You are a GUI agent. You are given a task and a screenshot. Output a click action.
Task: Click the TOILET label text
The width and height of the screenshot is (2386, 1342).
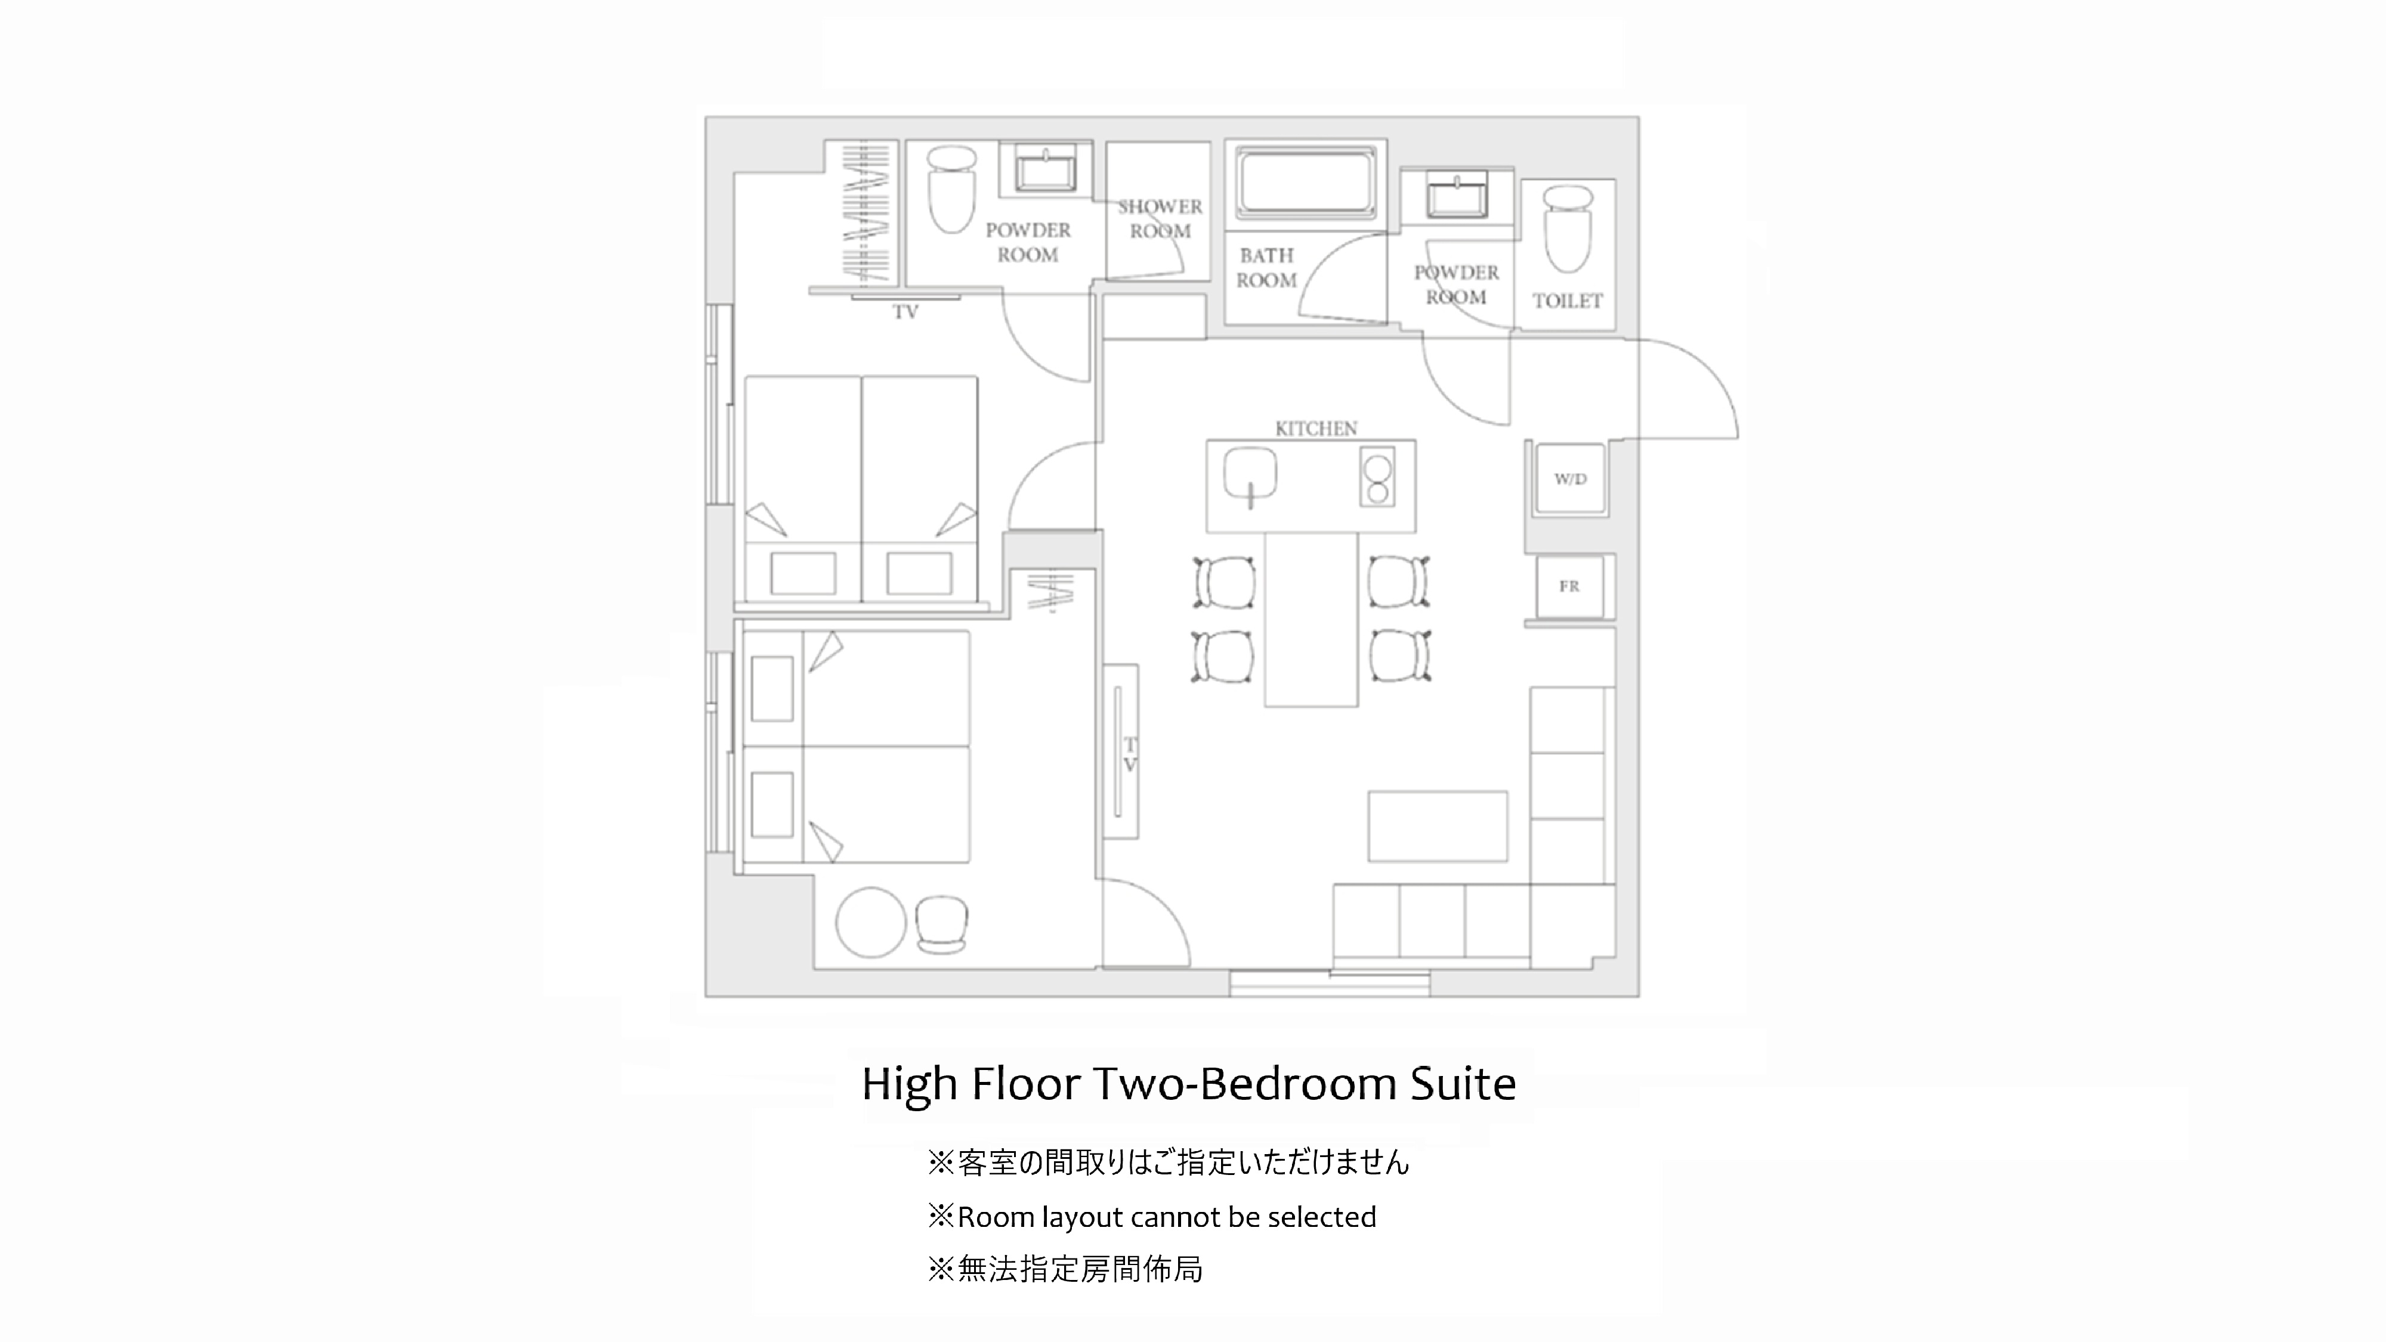(1567, 301)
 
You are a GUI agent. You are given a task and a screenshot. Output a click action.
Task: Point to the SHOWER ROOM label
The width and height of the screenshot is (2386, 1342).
(1160, 218)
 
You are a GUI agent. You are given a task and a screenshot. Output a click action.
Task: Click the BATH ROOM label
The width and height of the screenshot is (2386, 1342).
(1266, 268)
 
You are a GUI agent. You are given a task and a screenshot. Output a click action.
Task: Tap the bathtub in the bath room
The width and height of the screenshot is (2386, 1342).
(1306, 184)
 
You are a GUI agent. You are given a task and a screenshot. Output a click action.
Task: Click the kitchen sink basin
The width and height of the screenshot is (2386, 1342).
(1250, 474)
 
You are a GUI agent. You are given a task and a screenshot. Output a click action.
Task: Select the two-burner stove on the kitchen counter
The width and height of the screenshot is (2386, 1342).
(1377, 478)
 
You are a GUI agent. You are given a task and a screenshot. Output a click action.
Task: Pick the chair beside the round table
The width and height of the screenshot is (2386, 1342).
(941, 924)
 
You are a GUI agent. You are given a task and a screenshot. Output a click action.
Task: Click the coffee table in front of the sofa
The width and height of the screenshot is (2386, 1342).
(1438, 826)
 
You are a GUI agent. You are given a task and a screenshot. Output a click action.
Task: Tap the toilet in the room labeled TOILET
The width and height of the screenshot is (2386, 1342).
(1567, 228)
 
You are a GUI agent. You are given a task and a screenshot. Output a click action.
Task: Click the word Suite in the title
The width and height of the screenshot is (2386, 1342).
(1463, 1084)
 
